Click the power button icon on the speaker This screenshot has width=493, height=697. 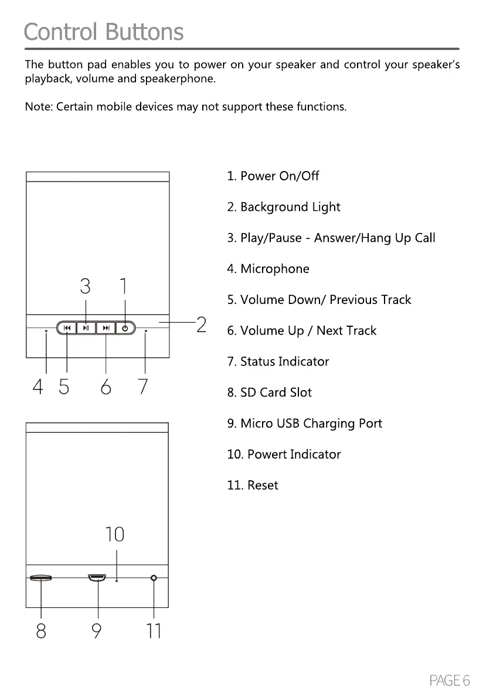click(x=125, y=328)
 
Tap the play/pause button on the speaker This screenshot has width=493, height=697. click(x=86, y=328)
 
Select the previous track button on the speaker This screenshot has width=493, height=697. click(x=67, y=328)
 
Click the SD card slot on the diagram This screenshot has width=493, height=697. click(x=41, y=578)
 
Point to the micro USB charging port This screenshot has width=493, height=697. click(x=97, y=578)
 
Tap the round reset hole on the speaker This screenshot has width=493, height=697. click(x=154, y=578)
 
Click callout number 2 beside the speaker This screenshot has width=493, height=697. click(x=201, y=324)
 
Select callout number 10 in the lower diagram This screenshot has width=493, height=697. click(x=115, y=534)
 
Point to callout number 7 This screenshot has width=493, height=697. click(x=143, y=387)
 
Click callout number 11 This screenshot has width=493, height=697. click(x=154, y=630)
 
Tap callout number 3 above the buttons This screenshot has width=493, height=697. click(x=86, y=286)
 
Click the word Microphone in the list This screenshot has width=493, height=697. click(x=275, y=269)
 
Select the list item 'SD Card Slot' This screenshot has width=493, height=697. click(x=270, y=392)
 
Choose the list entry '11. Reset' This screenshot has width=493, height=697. click(x=253, y=485)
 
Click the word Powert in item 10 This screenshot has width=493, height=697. click(x=267, y=455)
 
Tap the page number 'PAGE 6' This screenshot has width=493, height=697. click(x=450, y=680)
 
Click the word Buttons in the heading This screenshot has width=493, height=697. click(x=143, y=32)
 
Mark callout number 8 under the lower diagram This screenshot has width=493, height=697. click(x=41, y=630)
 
